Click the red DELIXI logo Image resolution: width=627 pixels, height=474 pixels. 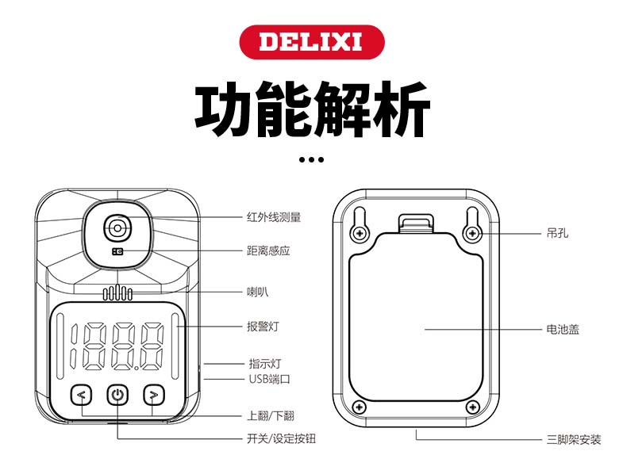click(312, 40)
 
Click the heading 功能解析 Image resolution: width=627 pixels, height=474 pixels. click(313, 110)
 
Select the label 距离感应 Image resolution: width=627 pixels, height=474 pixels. click(268, 250)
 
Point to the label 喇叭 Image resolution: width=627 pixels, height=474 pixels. click(257, 292)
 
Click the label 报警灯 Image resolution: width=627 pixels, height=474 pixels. click(263, 326)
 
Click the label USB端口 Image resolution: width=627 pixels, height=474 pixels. click(269, 379)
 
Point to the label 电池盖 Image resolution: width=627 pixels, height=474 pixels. click(563, 328)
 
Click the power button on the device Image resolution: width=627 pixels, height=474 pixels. click(117, 394)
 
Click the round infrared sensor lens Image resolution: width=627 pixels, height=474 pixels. click(117, 227)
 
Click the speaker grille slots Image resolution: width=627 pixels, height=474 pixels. click(117, 294)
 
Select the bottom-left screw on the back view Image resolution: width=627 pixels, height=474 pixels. click(360, 407)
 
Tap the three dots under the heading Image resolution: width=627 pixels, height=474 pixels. click(312, 159)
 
